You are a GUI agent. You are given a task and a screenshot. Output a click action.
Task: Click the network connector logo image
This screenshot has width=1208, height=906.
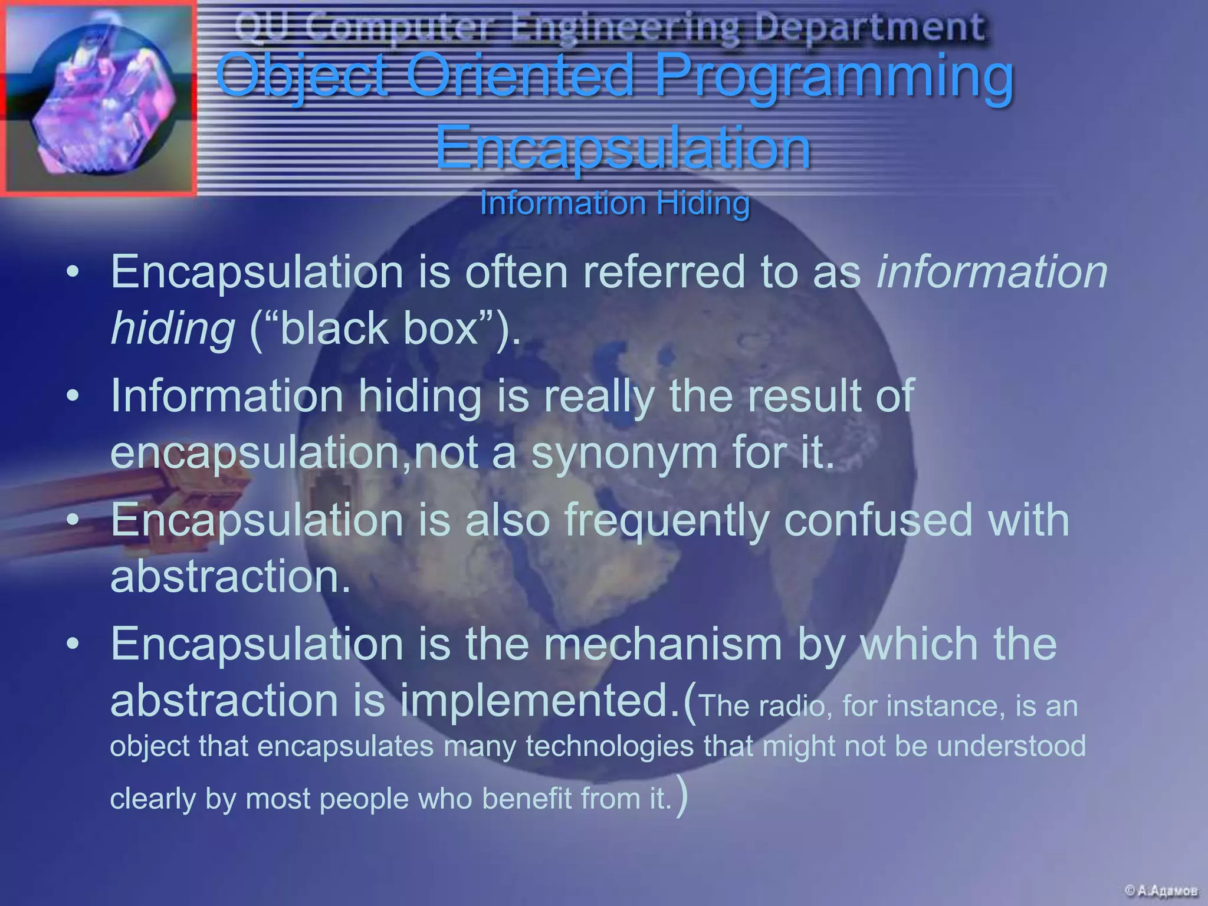click(98, 98)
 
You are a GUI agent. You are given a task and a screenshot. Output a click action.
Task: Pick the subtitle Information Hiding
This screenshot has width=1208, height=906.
click(615, 203)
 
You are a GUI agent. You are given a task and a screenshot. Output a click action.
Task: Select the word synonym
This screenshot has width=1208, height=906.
click(624, 453)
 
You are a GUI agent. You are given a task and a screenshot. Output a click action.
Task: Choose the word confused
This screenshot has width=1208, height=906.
click(877, 520)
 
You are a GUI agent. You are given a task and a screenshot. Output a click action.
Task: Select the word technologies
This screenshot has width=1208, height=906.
click(609, 746)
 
